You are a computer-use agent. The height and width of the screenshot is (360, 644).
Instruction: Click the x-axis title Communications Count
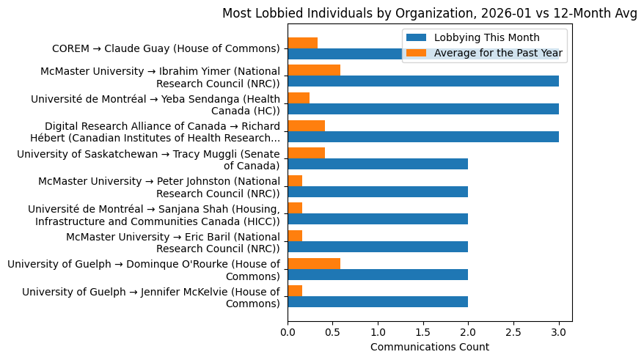coord(429,347)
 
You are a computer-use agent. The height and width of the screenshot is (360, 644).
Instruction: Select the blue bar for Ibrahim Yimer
coord(423,81)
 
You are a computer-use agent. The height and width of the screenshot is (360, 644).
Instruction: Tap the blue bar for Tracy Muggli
coord(378,164)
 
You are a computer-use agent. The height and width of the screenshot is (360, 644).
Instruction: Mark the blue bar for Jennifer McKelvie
coord(378,301)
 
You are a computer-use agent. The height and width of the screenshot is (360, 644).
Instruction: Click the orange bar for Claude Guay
coord(302,43)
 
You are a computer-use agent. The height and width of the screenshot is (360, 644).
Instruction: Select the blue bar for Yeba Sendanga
coord(423,109)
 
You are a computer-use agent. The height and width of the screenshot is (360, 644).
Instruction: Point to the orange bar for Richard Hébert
coord(306,125)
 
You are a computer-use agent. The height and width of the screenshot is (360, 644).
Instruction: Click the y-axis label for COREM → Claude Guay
coord(166,48)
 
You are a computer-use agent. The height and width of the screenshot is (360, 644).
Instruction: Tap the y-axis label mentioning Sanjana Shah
coord(158,214)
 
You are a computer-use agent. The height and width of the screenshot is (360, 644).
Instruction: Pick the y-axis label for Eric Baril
coord(173,242)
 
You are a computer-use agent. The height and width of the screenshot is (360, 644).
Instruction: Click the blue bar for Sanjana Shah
coord(378,219)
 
